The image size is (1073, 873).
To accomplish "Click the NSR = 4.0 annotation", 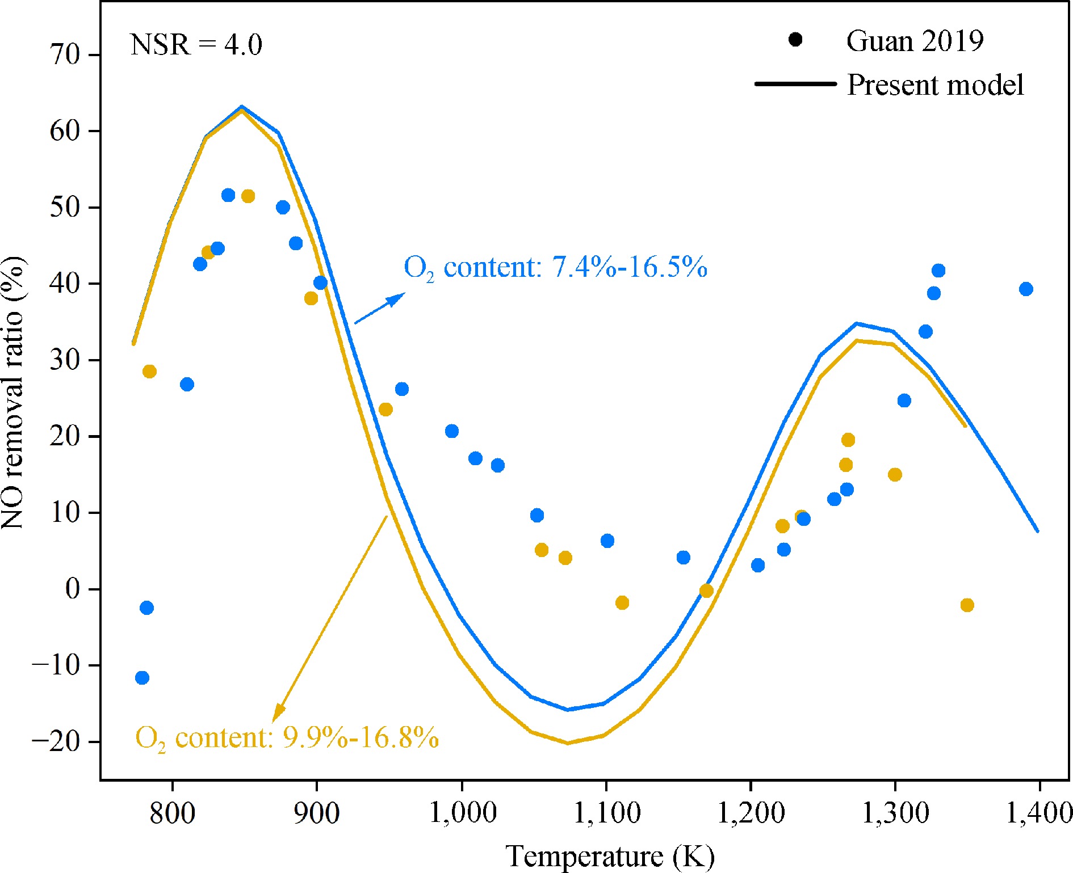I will tap(196, 45).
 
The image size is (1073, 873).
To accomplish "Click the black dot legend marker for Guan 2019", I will tap(795, 40).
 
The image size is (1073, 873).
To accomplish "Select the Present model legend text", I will tap(935, 85).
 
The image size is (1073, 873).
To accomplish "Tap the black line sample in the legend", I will tap(795, 84).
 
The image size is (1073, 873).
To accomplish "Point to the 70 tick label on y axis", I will tap(65, 55).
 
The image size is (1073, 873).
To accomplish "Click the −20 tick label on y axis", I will tap(57, 741).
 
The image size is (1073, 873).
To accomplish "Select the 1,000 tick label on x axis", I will tap(462, 813).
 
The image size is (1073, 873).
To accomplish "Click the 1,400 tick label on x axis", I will tap(1038, 813).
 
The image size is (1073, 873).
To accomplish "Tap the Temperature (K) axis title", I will tap(610, 856).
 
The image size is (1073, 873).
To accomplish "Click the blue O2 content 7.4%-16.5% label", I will tap(555, 267).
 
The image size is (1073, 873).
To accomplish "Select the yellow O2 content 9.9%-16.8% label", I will tap(287, 738).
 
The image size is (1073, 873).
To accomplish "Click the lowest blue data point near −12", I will tap(142, 678).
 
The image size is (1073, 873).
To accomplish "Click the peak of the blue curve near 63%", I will tap(242, 106).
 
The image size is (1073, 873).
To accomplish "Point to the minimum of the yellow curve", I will tap(568, 743).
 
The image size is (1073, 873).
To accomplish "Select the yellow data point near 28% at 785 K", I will tap(149, 372).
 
